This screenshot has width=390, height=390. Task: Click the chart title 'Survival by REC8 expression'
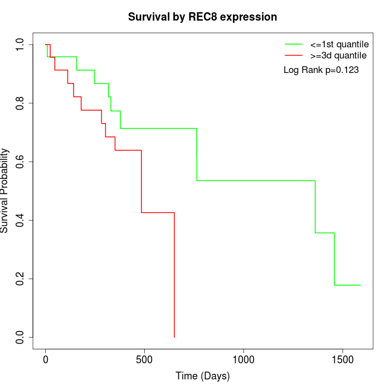pyautogui.click(x=202, y=17)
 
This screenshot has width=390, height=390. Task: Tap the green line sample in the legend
pyautogui.click(x=294, y=44)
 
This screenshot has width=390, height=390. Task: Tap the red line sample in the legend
pyautogui.click(x=294, y=56)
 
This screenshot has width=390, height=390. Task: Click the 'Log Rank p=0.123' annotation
pyautogui.click(x=321, y=70)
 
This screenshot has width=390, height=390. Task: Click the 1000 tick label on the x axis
pyautogui.click(x=243, y=360)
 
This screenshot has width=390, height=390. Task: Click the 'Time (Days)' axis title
pyautogui.click(x=202, y=377)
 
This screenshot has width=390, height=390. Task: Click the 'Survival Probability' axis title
pyautogui.click(x=5, y=191)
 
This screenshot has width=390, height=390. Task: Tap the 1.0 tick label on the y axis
pyautogui.click(x=20, y=45)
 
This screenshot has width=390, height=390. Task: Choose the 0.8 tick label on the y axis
pyautogui.click(x=20, y=103)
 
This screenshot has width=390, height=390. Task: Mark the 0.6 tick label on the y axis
pyautogui.click(x=20, y=162)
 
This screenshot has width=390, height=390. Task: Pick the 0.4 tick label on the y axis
pyautogui.click(x=20, y=220)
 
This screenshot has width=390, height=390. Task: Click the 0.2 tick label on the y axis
pyautogui.click(x=20, y=279)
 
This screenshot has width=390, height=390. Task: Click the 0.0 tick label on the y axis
pyautogui.click(x=20, y=337)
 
